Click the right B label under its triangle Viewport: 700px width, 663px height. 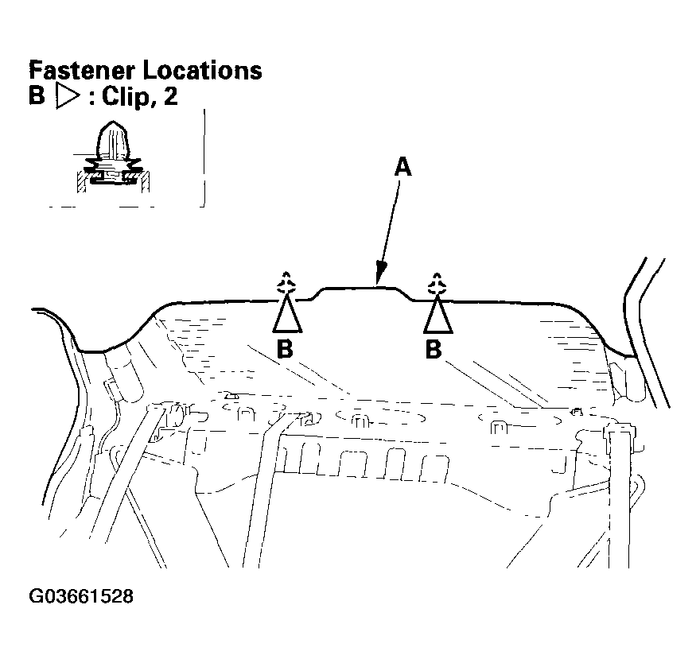click(434, 349)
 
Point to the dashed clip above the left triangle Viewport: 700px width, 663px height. click(286, 284)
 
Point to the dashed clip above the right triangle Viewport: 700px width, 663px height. click(435, 284)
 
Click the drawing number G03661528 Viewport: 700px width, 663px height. click(80, 596)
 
